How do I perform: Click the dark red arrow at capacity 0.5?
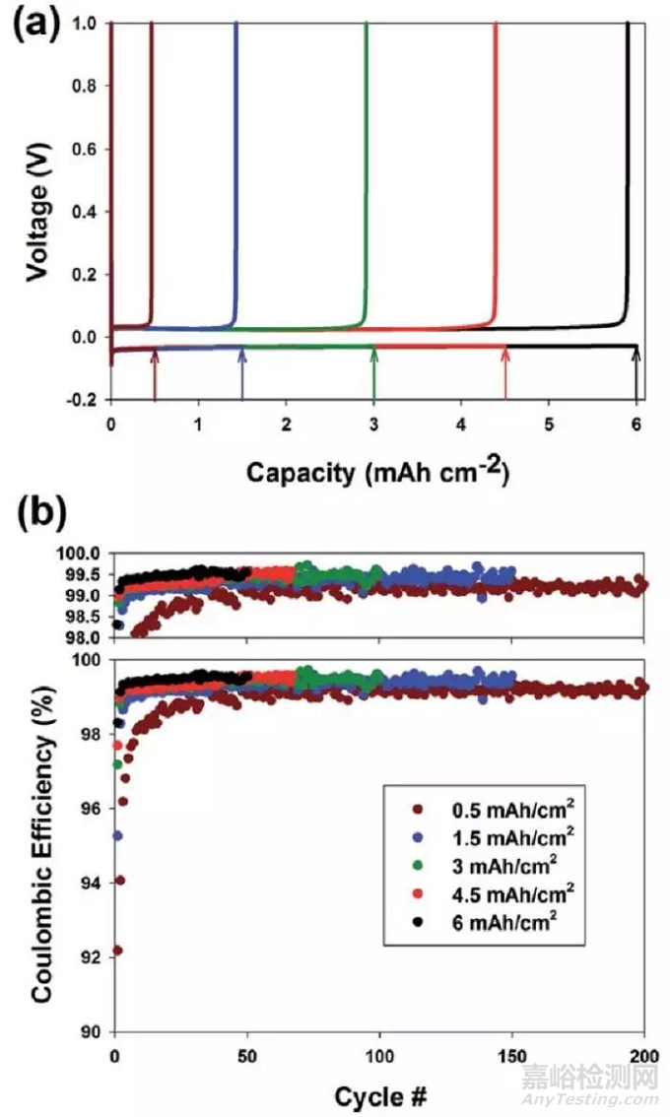(x=155, y=374)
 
